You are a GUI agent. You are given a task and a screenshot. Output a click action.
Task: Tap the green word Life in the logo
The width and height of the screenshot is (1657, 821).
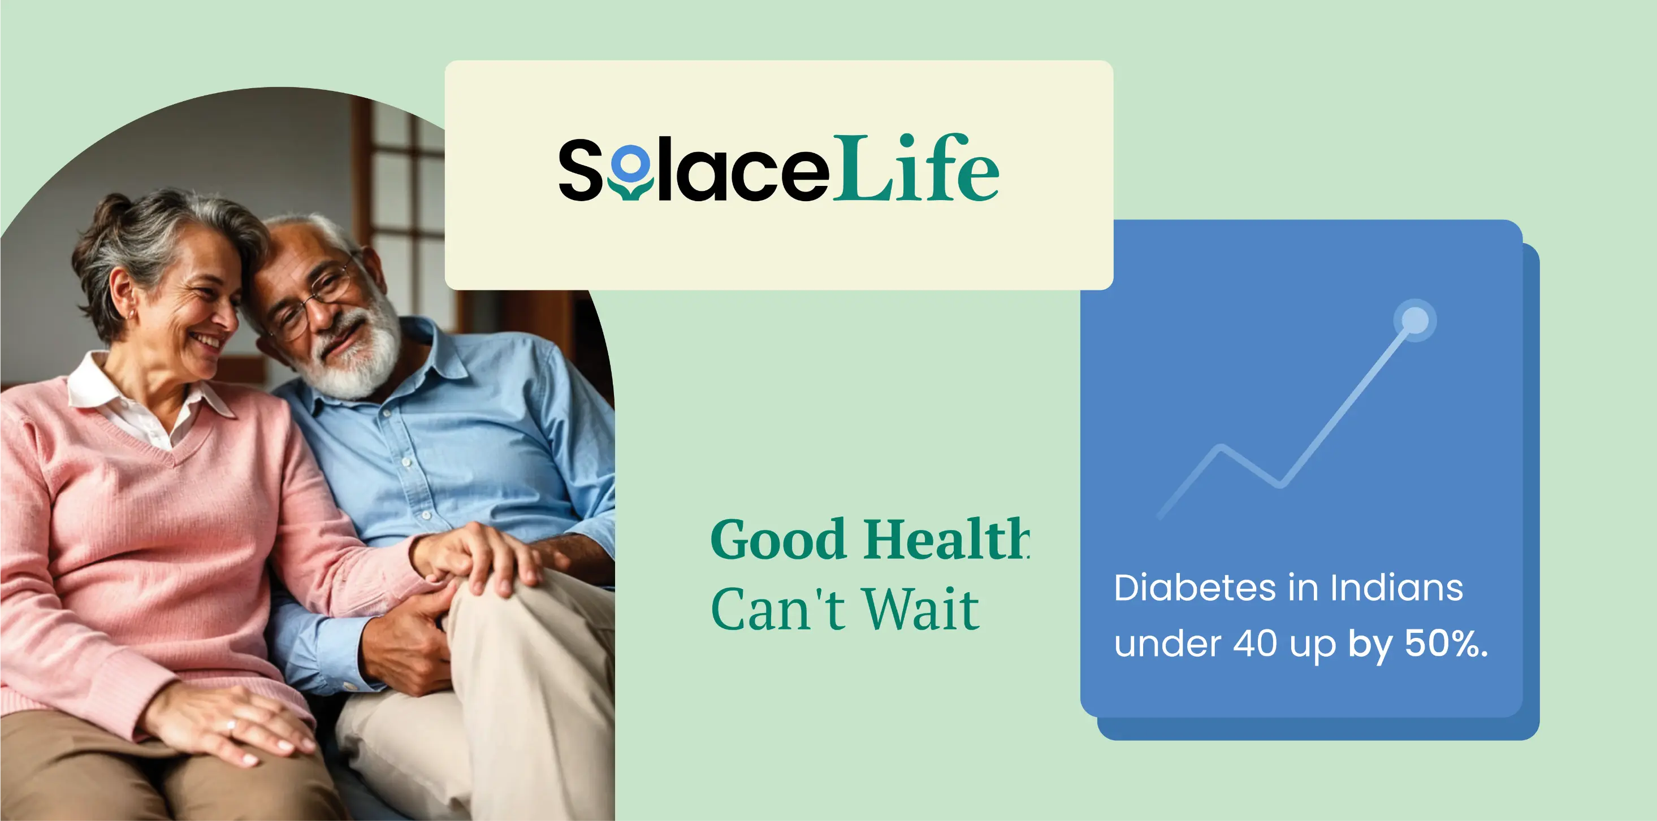(x=915, y=168)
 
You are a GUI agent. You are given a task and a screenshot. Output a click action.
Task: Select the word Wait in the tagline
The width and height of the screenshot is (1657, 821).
(x=920, y=610)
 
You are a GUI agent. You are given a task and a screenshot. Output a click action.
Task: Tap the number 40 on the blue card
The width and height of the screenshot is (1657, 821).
(x=1255, y=644)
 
